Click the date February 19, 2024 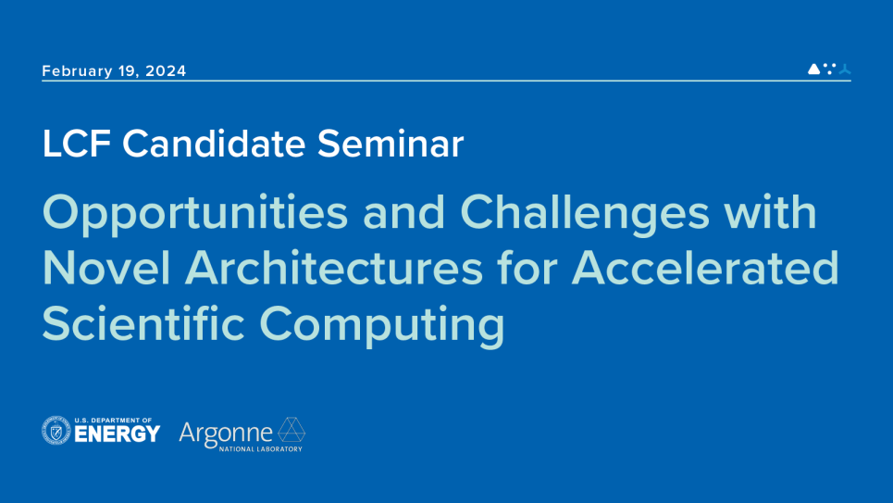114,71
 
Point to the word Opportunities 195,215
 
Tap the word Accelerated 705,270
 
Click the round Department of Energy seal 56,431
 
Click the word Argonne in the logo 226,432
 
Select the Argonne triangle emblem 291,430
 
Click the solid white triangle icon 813,69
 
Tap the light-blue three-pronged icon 844,69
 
